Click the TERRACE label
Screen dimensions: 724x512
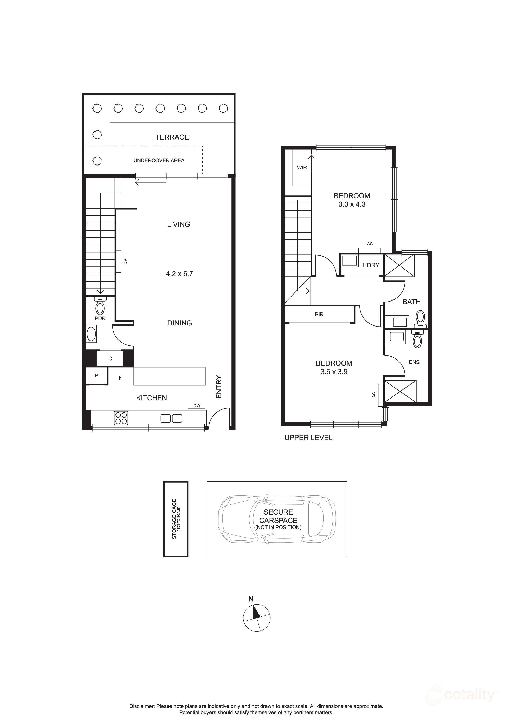click(x=172, y=137)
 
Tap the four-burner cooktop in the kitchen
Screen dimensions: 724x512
click(x=121, y=418)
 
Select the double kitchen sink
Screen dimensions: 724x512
click(x=171, y=418)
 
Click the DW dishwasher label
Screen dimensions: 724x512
click(x=197, y=406)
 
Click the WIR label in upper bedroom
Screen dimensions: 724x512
click(x=302, y=167)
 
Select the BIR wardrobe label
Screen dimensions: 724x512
click(x=319, y=314)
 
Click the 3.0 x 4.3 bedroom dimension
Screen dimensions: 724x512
click(x=352, y=204)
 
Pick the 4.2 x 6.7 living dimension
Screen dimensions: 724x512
click(x=179, y=274)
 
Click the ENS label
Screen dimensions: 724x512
click(x=414, y=362)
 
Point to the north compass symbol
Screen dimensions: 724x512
click(x=257, y=618)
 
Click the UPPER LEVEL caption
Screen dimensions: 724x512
click(x=308, y=438)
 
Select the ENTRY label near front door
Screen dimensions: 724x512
click(x=219, y=387)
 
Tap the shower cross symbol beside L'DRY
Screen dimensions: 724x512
click(x=399, y=265)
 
